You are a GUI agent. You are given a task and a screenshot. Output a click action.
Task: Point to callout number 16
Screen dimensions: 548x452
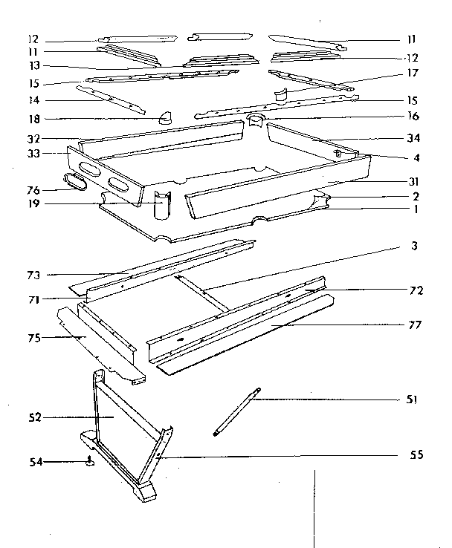pyautogui.click(x=413, y=117)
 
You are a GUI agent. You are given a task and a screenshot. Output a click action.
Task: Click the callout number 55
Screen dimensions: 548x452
pyautogui.click(x=416, y=454)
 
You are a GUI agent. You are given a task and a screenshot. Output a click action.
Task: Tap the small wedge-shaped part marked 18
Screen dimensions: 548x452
pyautogui.click(x=164, y=116)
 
